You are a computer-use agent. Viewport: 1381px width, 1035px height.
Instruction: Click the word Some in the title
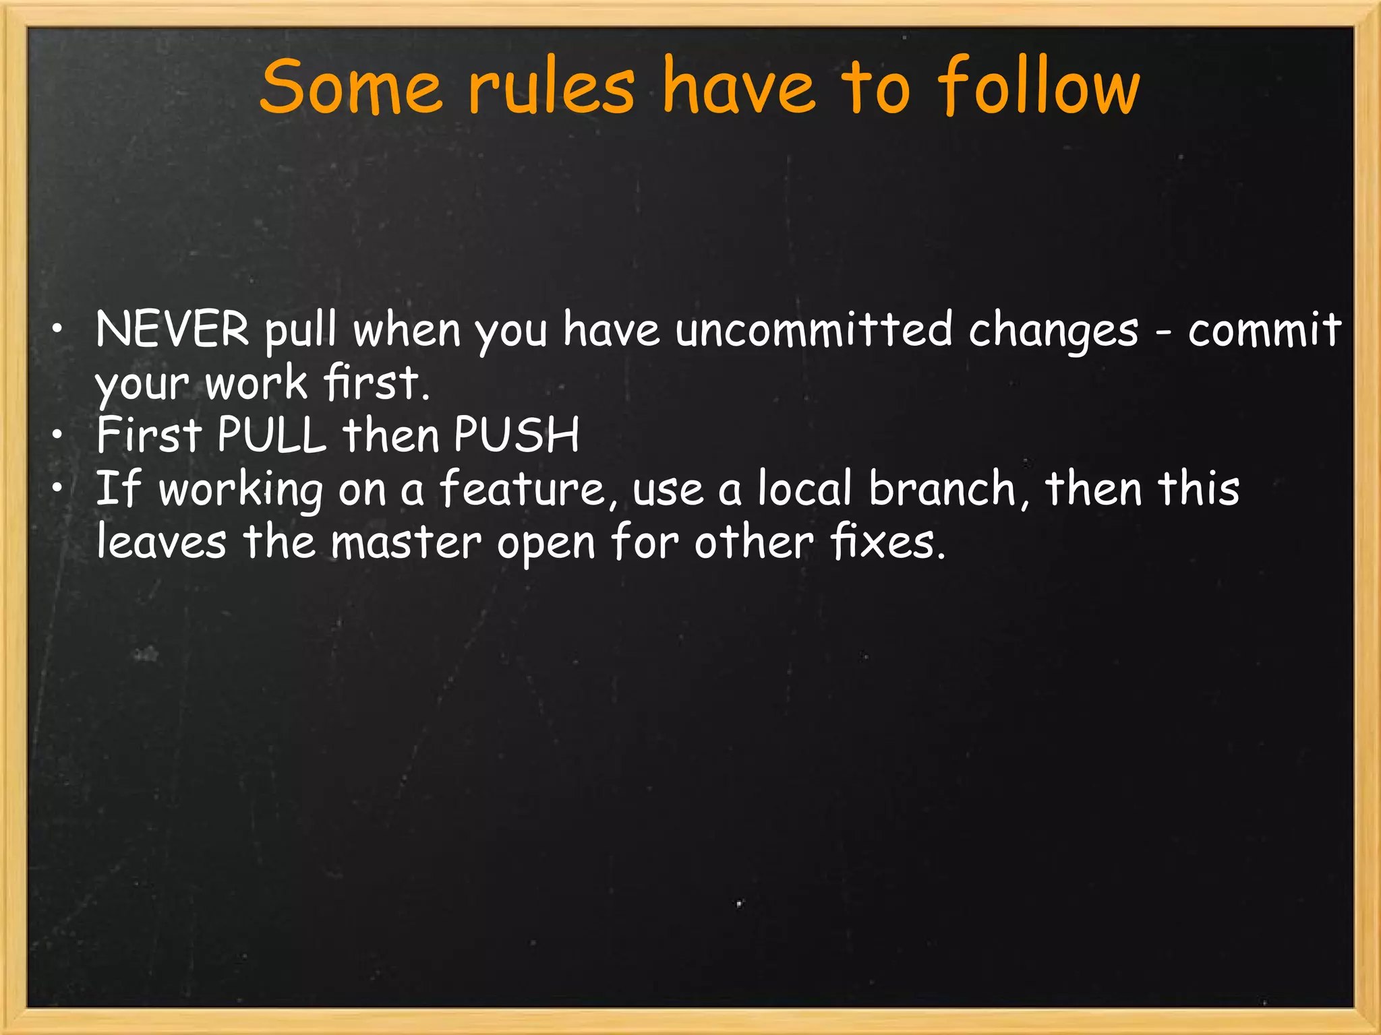(x=351, y=88)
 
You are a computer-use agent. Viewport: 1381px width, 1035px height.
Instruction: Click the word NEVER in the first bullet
(x=173, y=330)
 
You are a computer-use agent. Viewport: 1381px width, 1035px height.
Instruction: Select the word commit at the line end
(x=1264, y=330)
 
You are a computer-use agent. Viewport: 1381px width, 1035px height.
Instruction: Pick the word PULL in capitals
(x=272, y=435)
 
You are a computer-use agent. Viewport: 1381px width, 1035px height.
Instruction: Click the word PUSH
(x=516, y=435)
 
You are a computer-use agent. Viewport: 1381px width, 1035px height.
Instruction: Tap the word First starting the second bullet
(x=149, y=435)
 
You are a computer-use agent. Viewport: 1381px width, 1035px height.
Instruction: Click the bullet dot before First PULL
(x=59, y=436)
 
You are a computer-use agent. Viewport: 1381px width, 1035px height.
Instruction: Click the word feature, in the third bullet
(x=529, y=489)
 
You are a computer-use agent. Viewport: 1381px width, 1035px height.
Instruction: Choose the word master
(x=406, y=542)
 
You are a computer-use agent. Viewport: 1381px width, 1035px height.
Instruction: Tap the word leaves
(x=161, y=542)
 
